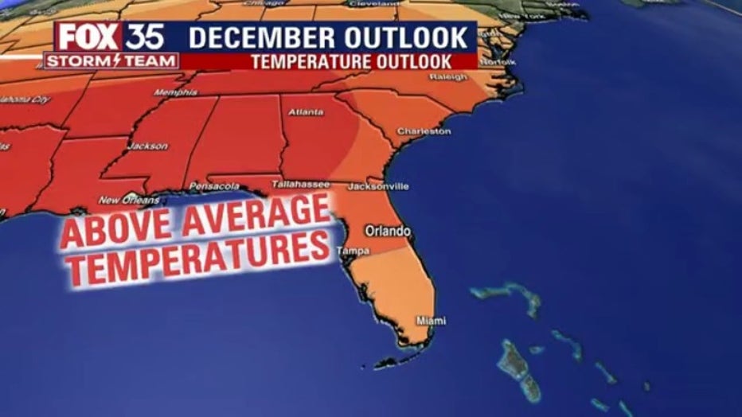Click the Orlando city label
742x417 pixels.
click(x=388, y=231)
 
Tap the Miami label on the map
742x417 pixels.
click(x=432, y=321)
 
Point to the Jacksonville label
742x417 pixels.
click(x=379, y=186)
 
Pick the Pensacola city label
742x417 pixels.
click(x=214, y=185)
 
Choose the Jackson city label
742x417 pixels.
click(x=148, y=146)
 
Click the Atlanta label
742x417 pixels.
click(x=306, y=112)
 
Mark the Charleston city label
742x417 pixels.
click(x=424, y=131)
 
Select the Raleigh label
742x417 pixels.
click(x=448, y=77)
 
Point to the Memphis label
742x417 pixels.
click(x=175, y=92)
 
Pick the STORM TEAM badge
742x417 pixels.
click(x=111, y=60)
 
